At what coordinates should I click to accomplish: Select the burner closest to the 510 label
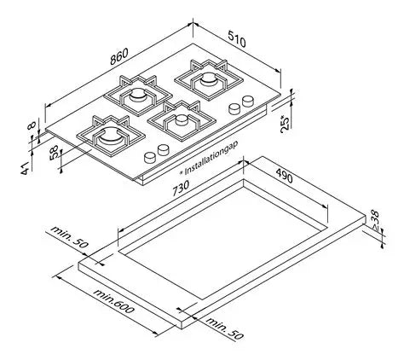(207, 78)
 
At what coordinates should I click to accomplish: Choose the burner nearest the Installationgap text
(180, 122)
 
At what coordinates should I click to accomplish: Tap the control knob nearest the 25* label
(250, 102)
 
